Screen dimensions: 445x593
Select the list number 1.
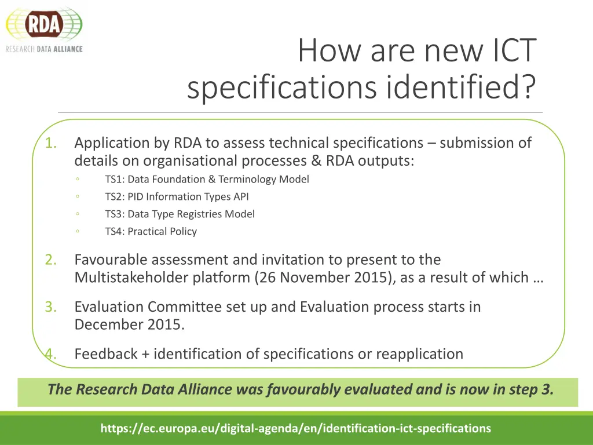[51, 143]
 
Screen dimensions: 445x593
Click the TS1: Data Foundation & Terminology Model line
[207, 180]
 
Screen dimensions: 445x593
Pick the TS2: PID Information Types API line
[177, 197]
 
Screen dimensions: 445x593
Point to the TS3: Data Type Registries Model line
[180, 214]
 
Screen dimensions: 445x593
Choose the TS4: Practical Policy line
[151, 232]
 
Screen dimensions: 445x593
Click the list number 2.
[51, 260]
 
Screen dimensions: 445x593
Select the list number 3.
[51, 307]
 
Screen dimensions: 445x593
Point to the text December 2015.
[129, 324]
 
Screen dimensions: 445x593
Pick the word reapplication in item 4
[419, 354]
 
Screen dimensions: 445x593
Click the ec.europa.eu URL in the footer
[295, 429]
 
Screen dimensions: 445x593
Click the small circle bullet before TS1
[78, 180]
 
